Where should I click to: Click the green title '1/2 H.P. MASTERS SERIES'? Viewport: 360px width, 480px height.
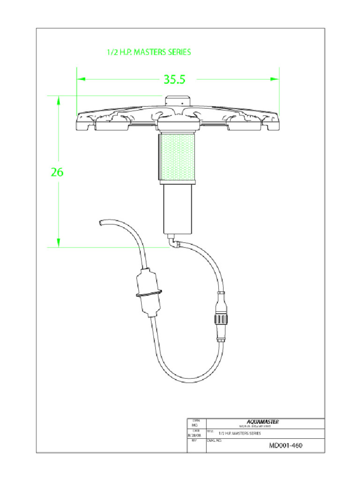[149, 52]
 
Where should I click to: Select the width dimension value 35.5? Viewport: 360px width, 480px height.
[174, 80]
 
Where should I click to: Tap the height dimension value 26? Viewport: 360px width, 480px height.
[57, 172]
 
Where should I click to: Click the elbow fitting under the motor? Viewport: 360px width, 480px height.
[174, 244]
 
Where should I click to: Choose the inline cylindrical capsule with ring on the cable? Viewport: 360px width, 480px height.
[149, 291]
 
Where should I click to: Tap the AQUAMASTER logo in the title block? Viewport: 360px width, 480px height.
[263, 421]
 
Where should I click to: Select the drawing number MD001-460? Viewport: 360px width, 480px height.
[285, 445]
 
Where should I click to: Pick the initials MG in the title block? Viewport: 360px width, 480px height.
[194, 425]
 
